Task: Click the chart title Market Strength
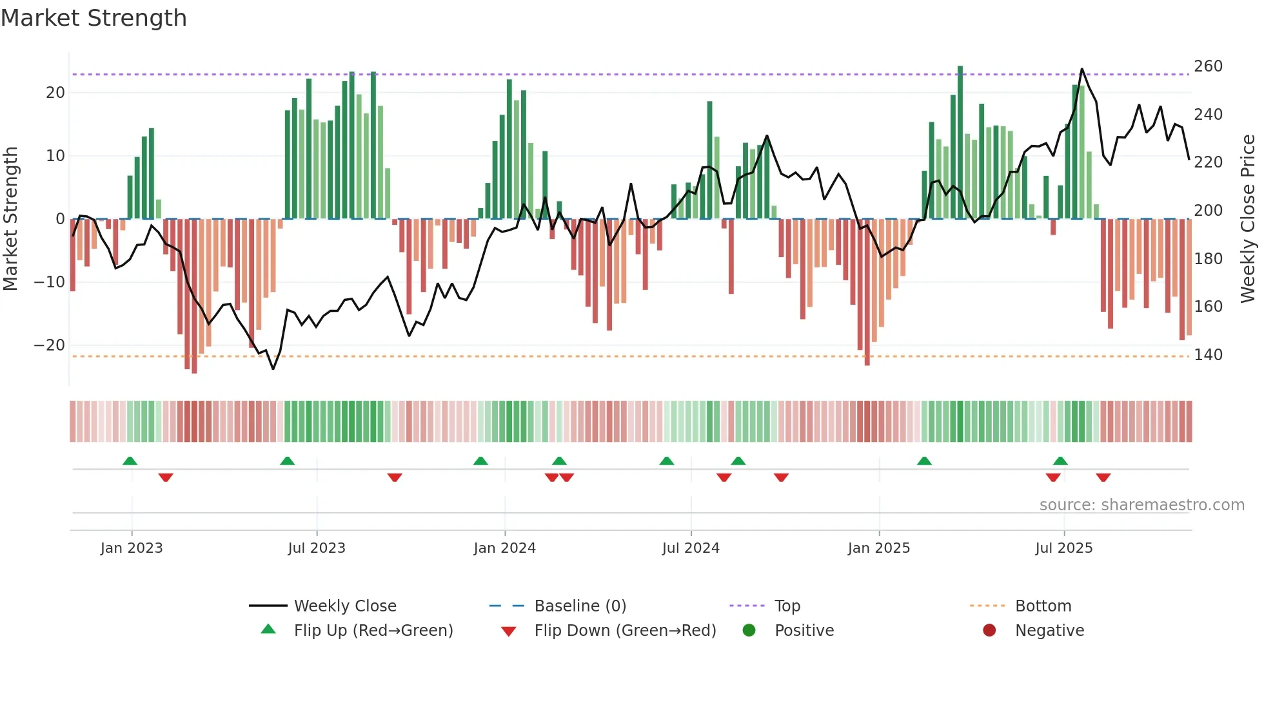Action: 94,18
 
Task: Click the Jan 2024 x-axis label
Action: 504,548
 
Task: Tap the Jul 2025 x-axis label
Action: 1063,548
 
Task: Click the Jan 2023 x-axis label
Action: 132,548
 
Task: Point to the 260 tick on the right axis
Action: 1208,66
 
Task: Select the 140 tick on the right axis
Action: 1208,354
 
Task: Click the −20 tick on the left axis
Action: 50,345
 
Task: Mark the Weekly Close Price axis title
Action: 1248,218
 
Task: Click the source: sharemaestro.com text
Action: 1141,504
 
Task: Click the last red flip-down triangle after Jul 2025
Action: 1103,477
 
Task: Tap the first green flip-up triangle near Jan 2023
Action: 130,461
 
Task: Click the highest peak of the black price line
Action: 1081,69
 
